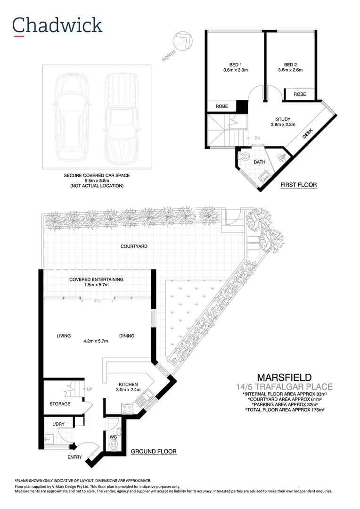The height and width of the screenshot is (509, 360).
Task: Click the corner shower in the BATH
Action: point(279,156)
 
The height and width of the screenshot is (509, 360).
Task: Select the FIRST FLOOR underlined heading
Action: point(299,185)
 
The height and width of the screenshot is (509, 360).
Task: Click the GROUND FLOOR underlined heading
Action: point(153,452)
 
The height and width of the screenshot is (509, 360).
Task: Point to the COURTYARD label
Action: point(134,246)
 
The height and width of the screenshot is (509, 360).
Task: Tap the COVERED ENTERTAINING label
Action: point(96,279)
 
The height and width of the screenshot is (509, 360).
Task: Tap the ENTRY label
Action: point(75,457)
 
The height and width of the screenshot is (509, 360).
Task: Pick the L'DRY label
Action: point(58,424)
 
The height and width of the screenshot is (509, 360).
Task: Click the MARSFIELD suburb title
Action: point(284,378)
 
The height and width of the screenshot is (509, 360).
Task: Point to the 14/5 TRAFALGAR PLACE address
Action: point(284,387)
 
